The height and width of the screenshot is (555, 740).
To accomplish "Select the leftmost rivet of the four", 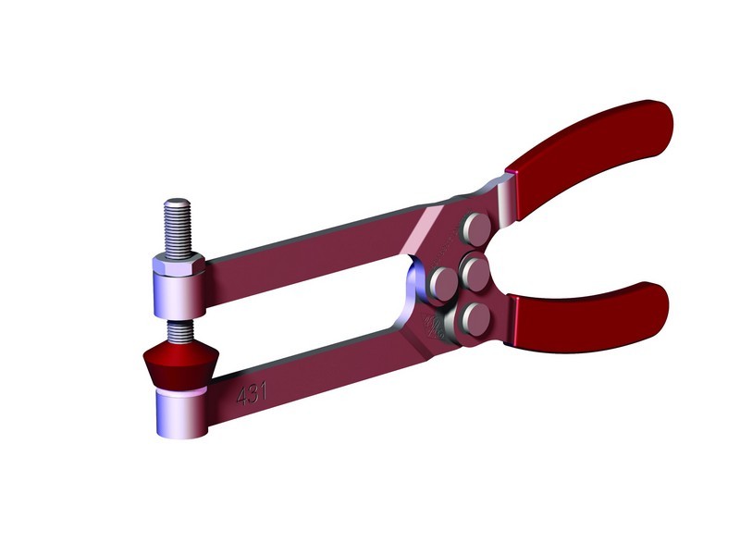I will (x=441, y=280).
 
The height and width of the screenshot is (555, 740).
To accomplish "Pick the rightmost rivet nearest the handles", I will (x=478, y=272).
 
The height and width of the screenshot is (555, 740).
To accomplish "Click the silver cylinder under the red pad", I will (x=179, y=414).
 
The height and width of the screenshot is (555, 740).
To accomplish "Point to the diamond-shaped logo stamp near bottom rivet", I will (x=431, y=325).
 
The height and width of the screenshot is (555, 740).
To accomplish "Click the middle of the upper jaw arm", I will (x=305, y=254).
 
